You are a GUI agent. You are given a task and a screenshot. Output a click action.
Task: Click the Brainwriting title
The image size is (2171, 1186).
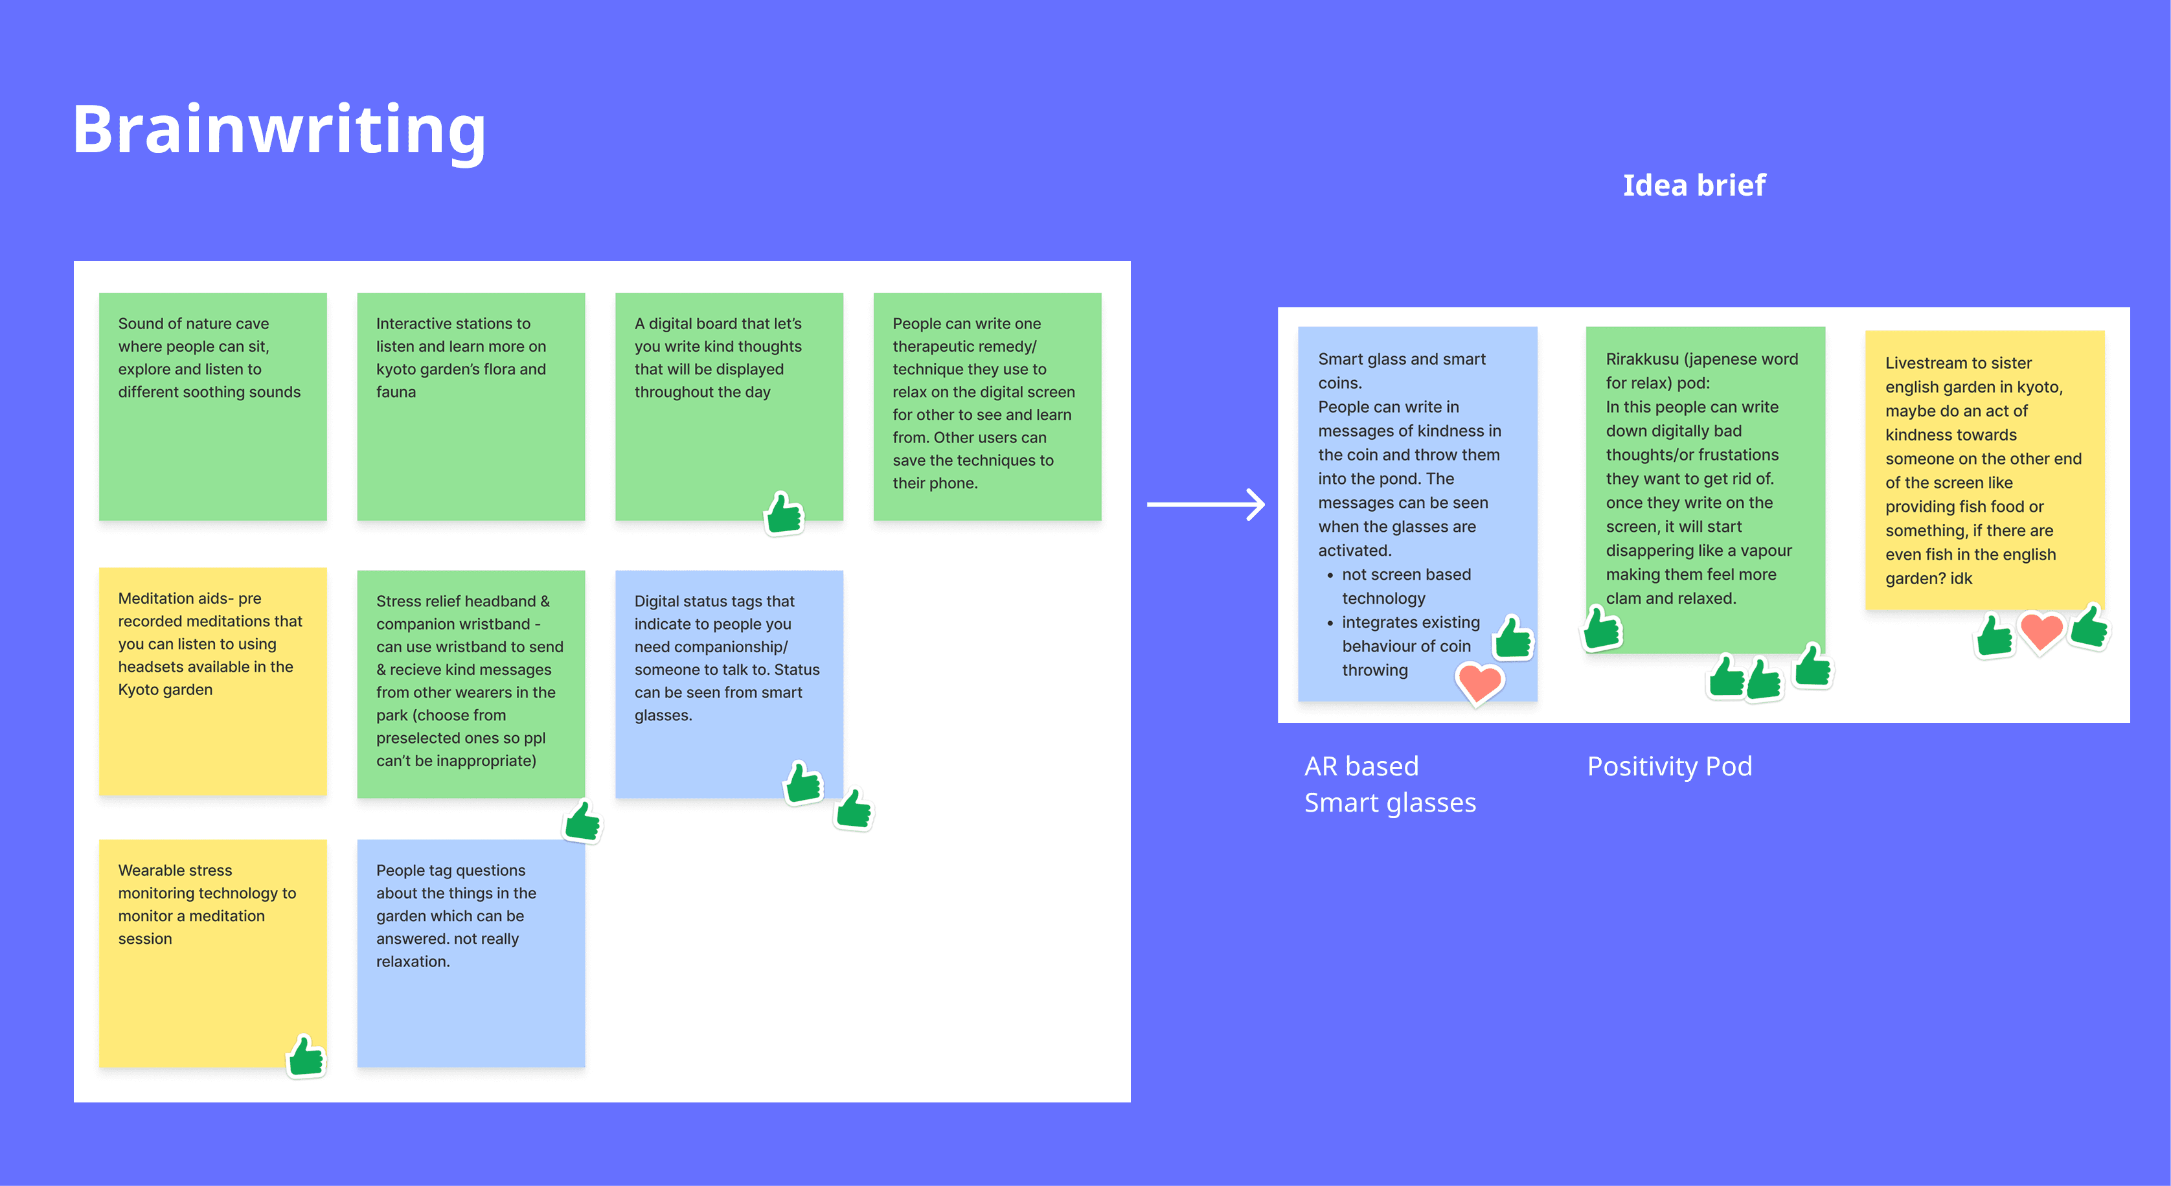(279, 129)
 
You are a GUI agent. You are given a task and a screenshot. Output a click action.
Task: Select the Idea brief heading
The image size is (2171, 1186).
(1693, 185)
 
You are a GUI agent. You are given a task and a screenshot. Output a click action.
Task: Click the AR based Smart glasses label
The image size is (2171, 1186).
(1390, 784)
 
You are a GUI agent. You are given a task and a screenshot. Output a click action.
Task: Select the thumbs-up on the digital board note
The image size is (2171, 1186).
(784, 514)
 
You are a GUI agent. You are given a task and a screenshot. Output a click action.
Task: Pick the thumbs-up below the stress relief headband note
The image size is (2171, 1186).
(583, 821)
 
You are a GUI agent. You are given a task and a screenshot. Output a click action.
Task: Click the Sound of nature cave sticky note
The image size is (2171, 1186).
(212, 406)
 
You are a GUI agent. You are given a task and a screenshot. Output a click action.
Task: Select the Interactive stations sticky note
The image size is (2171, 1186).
(470, 406)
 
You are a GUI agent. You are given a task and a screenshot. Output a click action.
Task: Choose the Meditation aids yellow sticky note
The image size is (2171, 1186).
(212, 681)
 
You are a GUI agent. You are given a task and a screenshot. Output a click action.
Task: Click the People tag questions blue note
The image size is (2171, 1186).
(470, 953)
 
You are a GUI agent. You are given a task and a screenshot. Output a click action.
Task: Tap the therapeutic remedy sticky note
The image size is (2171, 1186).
(987, 406)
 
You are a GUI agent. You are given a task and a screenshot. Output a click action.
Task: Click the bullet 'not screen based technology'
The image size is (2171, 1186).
(1405, 586)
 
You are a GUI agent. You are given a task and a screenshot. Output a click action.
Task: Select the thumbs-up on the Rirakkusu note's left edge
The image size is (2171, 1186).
(1601, 629)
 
